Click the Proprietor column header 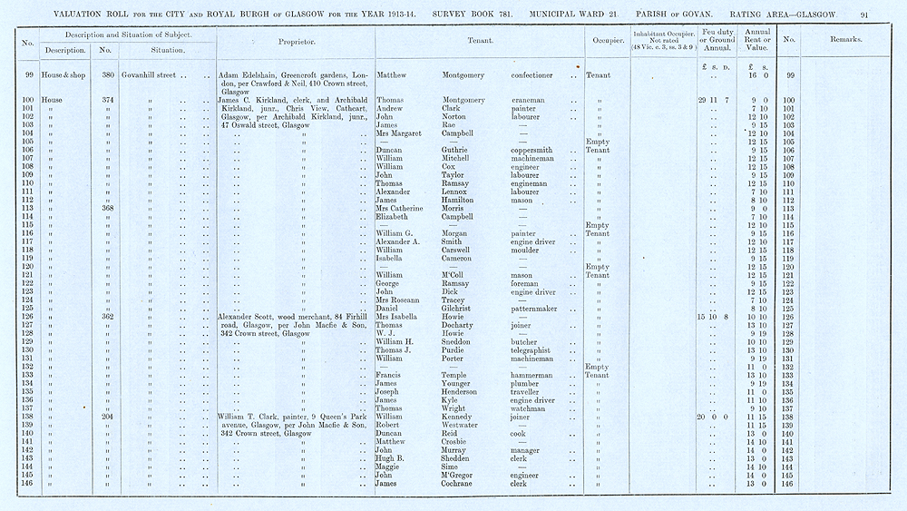pos(297,41)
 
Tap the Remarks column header pos(845,40)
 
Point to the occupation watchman pos(529,408)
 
